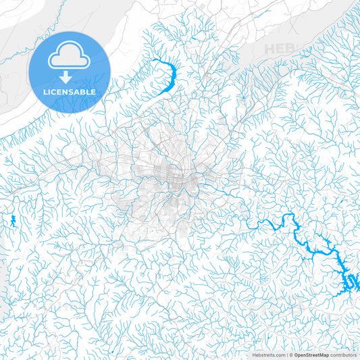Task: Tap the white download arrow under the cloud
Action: coord(70,76)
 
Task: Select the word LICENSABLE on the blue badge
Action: coord(70,91)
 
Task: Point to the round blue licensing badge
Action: coord(70,72)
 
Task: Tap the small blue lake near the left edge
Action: coord(13,220)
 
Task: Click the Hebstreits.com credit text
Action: coord(267,355)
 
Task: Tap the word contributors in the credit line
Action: coord(344,355)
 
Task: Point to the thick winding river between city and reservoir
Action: coord(270,223)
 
